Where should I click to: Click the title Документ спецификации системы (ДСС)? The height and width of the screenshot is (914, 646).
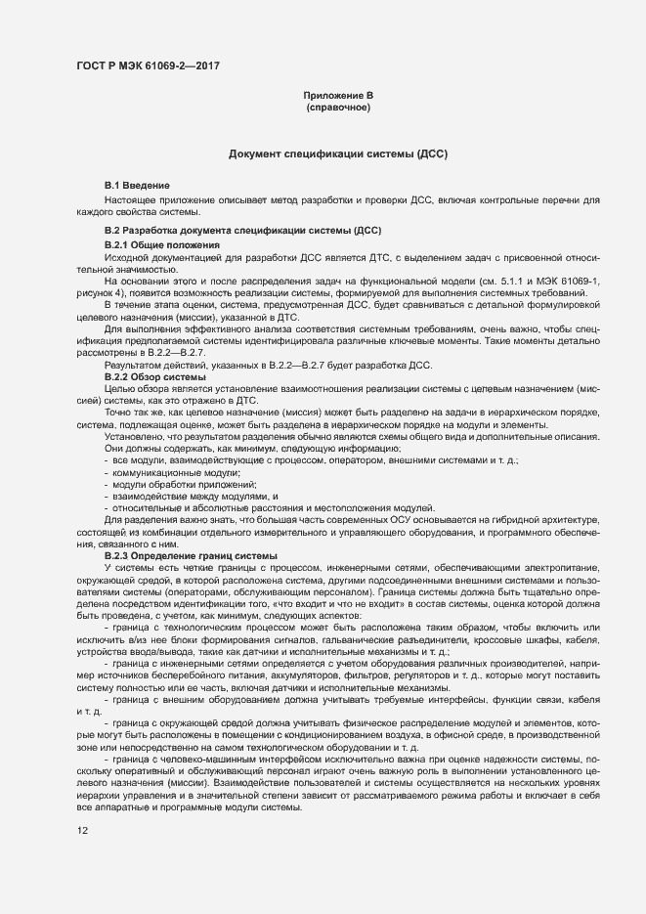pos(338,154)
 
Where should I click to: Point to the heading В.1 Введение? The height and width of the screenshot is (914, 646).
pos(138,186)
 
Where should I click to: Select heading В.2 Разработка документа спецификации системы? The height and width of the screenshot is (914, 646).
pos(242,230)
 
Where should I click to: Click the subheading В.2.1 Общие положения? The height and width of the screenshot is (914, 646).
pos(161,243)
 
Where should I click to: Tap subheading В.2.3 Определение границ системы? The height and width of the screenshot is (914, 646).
pos(181,556)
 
